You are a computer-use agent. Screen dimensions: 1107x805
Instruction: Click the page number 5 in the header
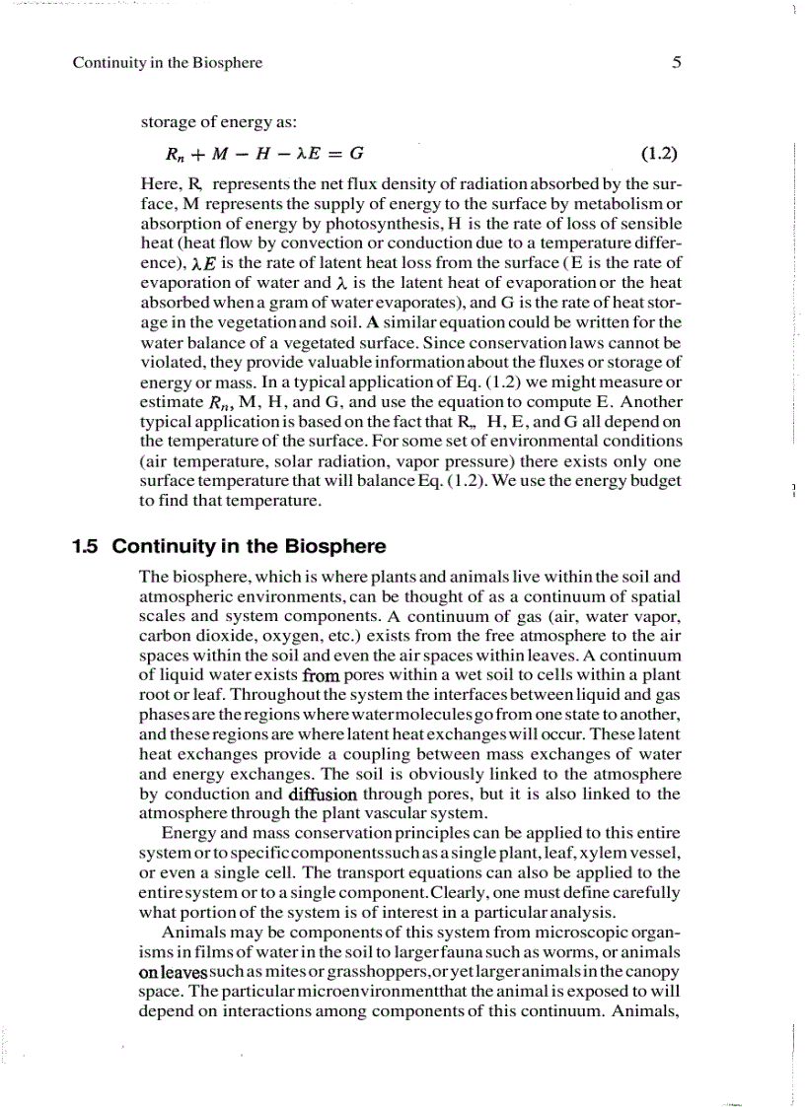(x=676, y=63)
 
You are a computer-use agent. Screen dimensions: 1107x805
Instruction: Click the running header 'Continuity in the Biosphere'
(x=168, y=63)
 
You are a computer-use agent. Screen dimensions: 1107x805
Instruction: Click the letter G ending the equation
(x=357, y=154)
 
